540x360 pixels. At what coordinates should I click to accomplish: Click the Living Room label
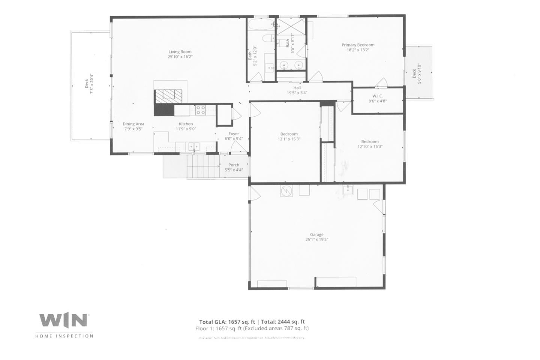[x=180, y=52]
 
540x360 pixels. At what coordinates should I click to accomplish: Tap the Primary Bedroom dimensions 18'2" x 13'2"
[x=357, y=50]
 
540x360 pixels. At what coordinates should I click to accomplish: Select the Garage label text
[x=316, y=234]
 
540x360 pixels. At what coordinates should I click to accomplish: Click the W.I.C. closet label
[x=377, y=96]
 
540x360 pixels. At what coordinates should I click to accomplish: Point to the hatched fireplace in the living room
[x=171, y=96]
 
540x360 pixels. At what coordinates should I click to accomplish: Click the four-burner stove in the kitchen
[x=201, y=110]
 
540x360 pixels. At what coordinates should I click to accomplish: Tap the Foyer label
[x=234, y=134]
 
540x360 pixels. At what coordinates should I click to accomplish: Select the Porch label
[x=234, y=165]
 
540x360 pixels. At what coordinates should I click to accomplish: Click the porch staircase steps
[x=202, y=166]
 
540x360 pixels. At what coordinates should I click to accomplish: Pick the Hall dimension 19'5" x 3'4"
[x=297, y=93]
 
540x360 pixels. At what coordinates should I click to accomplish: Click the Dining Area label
[x=133, y=124]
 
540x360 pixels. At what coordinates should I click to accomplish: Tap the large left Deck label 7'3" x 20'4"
[x=89, y=86]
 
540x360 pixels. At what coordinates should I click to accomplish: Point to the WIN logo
[x=64, y=321]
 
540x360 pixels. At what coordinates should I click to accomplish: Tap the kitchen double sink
[x=193, y=146]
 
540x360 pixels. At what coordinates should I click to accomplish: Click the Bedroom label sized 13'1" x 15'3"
[x=289, y=134]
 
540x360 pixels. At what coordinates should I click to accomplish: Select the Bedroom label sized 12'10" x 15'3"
[x=370, y=142]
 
